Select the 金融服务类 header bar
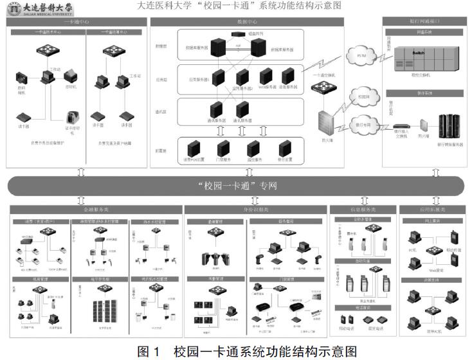coord(95,210)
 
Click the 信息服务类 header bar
coord(362,210)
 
